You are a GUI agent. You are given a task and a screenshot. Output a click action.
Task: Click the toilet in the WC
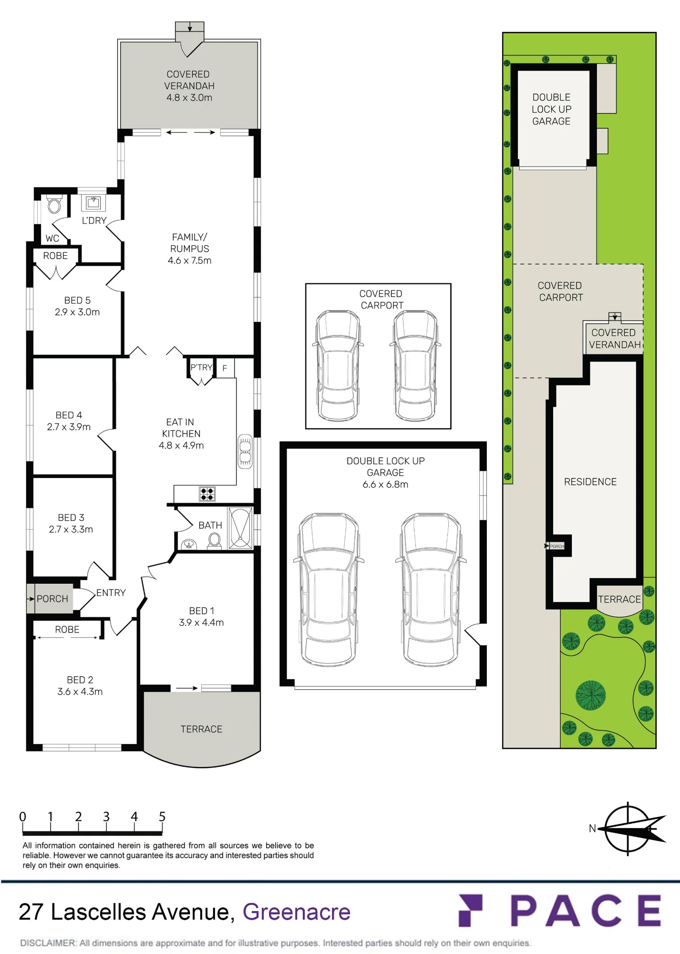point(54,205)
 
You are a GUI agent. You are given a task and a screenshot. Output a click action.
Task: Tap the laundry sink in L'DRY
point(93,203)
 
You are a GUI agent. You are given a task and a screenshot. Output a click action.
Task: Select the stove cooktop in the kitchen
point(207,494)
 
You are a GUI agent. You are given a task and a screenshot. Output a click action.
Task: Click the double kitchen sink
point(245,451)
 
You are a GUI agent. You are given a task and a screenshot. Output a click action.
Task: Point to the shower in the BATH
point(240,528)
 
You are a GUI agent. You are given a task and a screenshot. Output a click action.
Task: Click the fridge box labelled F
point(225,368)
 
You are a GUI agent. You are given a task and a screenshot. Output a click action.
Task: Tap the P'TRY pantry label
point(201,367)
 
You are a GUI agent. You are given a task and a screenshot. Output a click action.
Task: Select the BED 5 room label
point(77,301)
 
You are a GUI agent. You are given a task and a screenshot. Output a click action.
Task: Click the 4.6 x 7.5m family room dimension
point(189,260)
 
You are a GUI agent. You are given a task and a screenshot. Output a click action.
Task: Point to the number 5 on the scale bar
point(162,817)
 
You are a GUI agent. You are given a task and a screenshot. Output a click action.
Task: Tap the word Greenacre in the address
point(297,912)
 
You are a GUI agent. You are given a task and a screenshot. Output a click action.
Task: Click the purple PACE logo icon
point(471,911)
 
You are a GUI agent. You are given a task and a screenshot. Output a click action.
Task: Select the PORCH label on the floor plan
point(52,599)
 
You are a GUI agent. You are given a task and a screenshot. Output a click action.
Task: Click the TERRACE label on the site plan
point(619,599)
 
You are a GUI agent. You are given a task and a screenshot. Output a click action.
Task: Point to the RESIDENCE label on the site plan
point(590,482)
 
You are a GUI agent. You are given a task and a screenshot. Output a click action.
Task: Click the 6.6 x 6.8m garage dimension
point(385,485)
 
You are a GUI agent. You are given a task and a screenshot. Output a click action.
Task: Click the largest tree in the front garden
point(591,695)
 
